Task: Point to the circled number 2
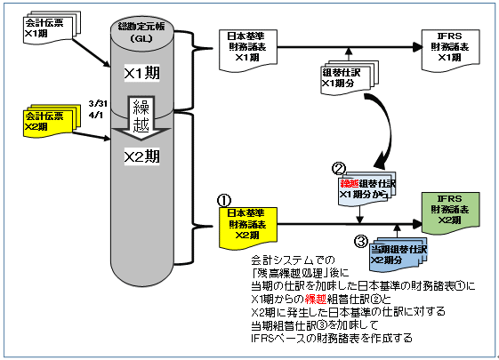[x=338, y=168]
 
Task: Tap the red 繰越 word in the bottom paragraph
[x=317, y=301]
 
